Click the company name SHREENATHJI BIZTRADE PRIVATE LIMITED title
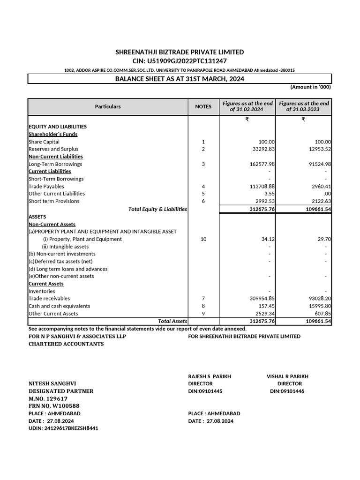click(x=180, y=52)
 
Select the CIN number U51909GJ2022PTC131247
click(x=180, y=61)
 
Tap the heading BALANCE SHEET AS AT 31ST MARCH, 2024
click(x=180, y=79)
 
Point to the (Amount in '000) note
click(x=310, y=87)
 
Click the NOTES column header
click(x=203, y=106)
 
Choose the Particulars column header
click(x=108, y=106)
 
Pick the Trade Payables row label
click(x=46, y=187)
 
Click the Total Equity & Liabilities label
click(x=157, y=209)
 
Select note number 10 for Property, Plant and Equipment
click(x=203, y=239)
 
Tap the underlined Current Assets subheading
click(x=46, y=284)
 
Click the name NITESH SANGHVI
click(x=52, y=383)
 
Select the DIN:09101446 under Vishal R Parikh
click(x=287, y=391)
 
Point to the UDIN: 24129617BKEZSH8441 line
click(x=63, y=428)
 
